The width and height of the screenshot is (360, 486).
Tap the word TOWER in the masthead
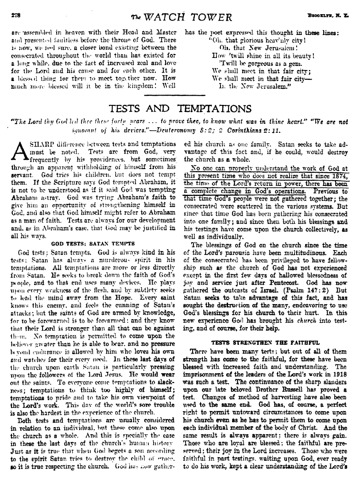pyautogui.click(x=211, y=18)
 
